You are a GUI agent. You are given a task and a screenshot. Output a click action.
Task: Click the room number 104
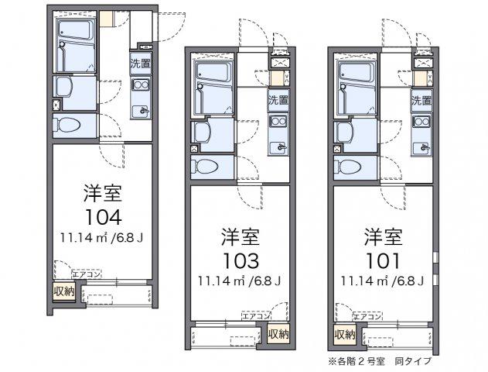(x=103, y=217)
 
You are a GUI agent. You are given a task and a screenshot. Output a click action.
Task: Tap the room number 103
(x=241, y=260)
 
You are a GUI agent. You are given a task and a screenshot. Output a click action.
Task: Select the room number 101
(x=383, y=260)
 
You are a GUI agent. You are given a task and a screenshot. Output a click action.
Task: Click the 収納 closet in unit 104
(x=64, y=291)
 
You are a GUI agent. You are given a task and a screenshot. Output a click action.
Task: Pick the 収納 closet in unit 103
(x=278, y=334)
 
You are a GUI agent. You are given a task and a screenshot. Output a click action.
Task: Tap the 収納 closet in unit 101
(x=345, y=334)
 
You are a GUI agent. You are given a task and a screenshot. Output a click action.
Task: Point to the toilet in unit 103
(x=205, y=167)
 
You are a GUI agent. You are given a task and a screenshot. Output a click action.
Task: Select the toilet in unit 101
(x=348, y=167)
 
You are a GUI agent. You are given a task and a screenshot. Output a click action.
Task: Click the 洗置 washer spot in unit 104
(x=140, y=64)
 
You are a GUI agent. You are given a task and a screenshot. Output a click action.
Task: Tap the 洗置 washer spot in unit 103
(x=278, y=100)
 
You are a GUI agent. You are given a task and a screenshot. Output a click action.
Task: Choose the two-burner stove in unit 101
(x=421, y=121)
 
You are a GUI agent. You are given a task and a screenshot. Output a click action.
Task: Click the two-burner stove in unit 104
(x=140, y=85)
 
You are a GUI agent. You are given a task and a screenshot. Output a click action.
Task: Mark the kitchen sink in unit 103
(x=279, y=147)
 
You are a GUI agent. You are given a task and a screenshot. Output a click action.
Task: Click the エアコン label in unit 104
(x=87, y=274)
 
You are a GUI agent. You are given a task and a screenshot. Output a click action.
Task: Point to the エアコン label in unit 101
(x=367, y=317)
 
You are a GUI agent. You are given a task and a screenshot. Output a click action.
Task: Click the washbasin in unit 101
(x=344, y=132)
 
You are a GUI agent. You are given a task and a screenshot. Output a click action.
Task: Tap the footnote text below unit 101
(x=380, y=361)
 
